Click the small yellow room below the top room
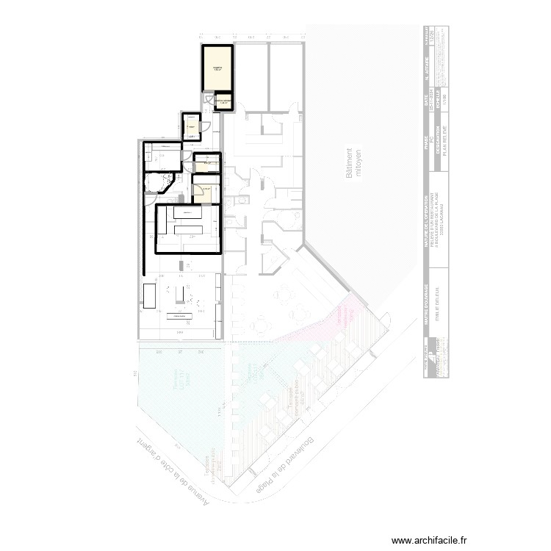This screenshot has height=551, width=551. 223,101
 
